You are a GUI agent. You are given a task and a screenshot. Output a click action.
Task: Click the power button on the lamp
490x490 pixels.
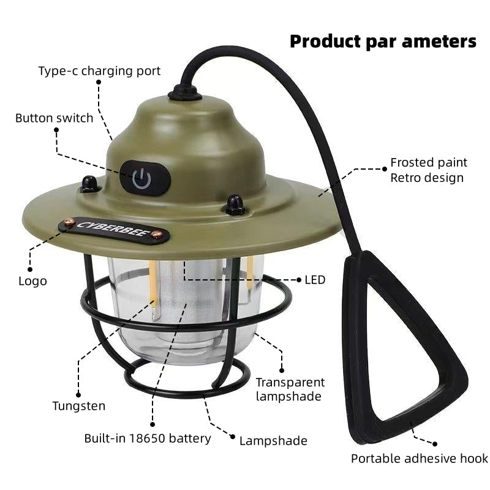pyautogui.click(x=142, y=178)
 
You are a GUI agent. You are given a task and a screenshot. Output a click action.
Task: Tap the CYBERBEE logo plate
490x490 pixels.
pyautogui.click(x=115, y=228)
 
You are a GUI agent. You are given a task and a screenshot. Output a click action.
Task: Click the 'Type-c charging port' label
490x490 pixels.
pyautogui.click(x=99, y=71)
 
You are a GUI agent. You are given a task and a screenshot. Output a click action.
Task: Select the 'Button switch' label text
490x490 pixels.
pyautogui.click(x=55, y=118)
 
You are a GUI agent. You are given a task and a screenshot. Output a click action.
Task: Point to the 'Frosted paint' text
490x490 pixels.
pyautogui.click(x=429, y=162)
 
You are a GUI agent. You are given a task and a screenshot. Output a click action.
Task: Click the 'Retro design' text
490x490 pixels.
pyautogui.click(x=427, y=178)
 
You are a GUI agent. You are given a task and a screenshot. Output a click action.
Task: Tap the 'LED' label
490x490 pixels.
pyautogui.click(x=315, y=280)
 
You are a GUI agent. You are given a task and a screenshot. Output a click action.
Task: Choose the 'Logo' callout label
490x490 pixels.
pyautogui.click(x=32, y=281)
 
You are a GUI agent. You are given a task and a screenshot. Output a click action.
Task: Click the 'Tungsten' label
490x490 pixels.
pyautogui.click(x=78, y=405)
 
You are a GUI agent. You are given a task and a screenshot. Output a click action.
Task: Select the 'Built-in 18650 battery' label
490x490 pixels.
pyautogui.click(x=148, y=438)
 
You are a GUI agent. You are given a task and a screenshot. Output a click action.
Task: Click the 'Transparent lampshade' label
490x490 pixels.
pyautogui.click(x=290, y=389)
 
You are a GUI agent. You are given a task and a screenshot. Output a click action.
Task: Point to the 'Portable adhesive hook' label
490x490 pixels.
pyautogui.click(x=419, y=458)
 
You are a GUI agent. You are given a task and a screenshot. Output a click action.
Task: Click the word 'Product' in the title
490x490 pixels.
pyautogui.click(x=325, y=42)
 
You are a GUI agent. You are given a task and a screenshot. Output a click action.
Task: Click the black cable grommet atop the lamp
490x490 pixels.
pyautogui.click(x=184, y=92)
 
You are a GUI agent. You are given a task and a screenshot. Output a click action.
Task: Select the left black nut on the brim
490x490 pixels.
pyautogui.click(x=90, y=183)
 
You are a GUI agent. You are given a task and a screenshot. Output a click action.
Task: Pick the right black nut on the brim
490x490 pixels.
pyautogui.click(x=235, y=204)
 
